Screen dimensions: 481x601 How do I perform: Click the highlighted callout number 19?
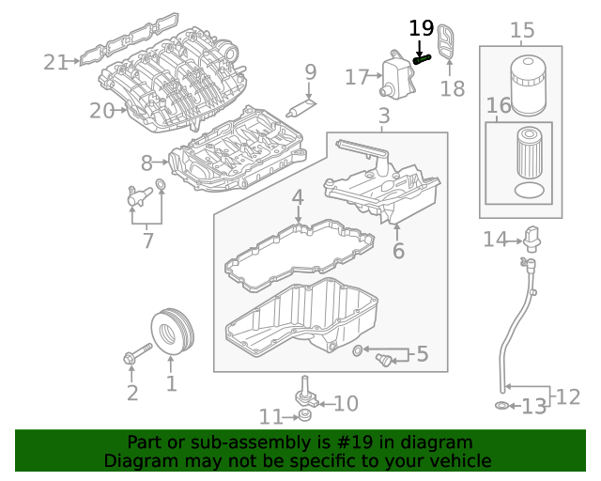pos(422,29)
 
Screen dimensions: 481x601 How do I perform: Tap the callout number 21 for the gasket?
pos(55,62)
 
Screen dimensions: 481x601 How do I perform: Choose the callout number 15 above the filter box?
pos(521,31)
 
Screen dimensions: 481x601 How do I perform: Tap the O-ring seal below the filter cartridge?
pos(531,191)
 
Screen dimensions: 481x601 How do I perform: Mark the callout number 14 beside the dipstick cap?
pos(495,240)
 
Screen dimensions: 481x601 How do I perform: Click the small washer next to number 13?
pos(502,405)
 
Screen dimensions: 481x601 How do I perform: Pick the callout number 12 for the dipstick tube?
pos(567,396)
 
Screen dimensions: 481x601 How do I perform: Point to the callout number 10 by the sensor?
pos(346,403)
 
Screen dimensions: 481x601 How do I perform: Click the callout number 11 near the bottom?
pos(271,416)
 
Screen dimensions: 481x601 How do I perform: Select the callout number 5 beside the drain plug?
pos(422,354)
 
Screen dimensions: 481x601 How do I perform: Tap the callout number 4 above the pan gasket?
pos(297,197)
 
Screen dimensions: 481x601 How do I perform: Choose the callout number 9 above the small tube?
pos(310,71)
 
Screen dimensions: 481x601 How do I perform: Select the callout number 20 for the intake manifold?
pos(101,111)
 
